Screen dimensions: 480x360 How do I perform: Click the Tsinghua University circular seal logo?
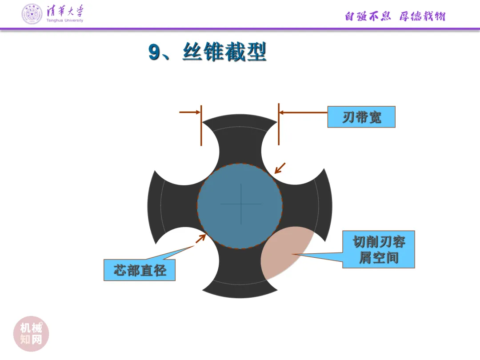point(32,14)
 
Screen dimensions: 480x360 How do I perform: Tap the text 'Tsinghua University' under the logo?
point(65,20)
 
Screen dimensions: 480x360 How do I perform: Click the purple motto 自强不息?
point(368,16)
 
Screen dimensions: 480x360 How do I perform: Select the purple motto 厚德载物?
point(422,16)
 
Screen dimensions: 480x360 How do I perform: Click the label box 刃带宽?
point(361,117)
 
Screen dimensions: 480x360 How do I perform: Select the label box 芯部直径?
point(140,270)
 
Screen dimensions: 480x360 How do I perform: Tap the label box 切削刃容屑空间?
point(379,249)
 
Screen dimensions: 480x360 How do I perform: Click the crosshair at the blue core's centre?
point(241,204)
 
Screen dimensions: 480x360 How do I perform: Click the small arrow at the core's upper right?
point(280,168)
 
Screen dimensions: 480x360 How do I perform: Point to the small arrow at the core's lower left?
point(200,238)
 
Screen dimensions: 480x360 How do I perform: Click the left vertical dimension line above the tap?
point(201,125)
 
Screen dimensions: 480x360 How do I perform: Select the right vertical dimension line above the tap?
point(279,124)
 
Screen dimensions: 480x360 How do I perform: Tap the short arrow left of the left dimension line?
point(190,112)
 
